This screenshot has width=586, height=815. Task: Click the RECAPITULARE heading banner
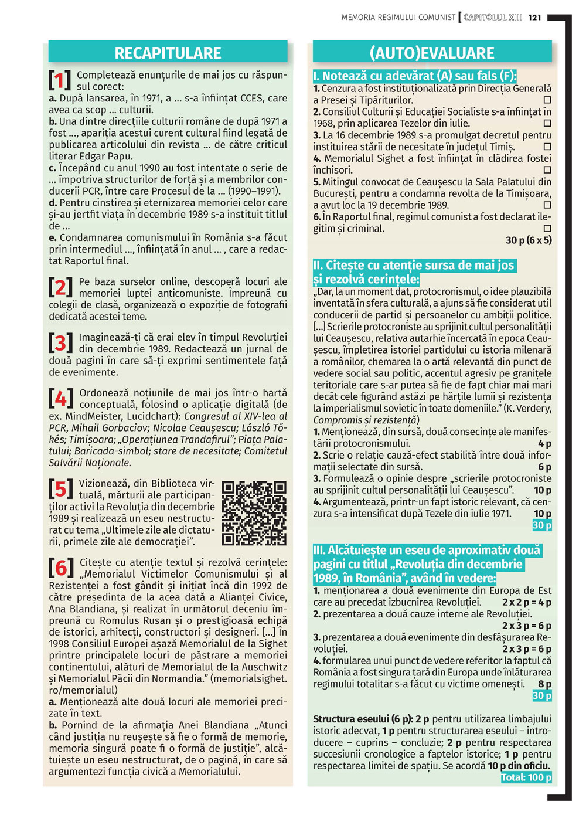click(168, 53)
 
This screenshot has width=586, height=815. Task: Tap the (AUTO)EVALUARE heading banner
click(432, 53)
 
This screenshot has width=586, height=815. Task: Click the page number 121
click(534, 18)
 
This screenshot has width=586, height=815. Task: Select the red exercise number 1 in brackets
click(60, 80)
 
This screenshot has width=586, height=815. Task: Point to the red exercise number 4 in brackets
click(61, 399)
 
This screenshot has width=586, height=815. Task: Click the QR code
click(254, 513)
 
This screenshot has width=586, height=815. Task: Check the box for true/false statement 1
click(547, 100)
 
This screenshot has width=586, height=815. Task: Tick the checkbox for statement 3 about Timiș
click(547, 147)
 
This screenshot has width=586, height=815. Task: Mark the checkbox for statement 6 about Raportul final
click(547, 228)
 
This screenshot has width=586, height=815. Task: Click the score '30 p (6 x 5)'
click(528, 240)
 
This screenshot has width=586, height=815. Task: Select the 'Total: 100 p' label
click(526, 777)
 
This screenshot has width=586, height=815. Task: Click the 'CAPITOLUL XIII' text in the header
click(492, 18)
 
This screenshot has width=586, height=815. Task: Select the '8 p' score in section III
click(544, 684)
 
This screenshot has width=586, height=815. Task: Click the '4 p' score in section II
click(544, 444)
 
